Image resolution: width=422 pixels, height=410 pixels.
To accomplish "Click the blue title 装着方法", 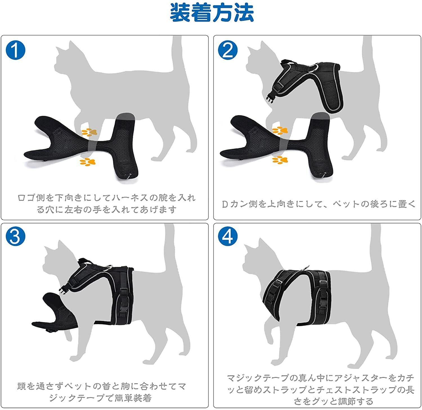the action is [x=212, y=13].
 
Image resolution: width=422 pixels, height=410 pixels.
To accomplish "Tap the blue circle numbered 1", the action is [x=15, y=49].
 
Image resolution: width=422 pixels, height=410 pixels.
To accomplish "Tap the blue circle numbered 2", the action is [x=228, y=49].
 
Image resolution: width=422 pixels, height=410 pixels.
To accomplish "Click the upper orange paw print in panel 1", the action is [x=89, y=132].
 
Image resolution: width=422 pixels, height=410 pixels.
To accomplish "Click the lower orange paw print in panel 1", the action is [x=87, y=162].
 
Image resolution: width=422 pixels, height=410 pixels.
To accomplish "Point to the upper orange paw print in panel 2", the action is [x=280, y=130].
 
